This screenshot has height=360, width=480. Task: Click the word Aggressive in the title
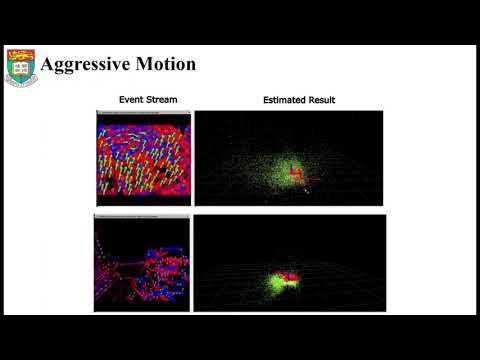tap(89, 64)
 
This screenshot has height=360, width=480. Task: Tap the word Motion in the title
tap(167, 64)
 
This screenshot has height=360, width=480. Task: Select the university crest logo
tap(20, 67)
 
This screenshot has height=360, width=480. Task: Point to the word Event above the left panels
tap(132, 100)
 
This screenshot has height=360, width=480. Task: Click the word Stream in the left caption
tap(162, 100)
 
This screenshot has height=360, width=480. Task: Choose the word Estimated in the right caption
tap(284, 100)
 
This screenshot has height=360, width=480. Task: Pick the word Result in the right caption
tap(321, 100)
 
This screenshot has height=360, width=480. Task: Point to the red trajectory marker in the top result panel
tap(297, 176)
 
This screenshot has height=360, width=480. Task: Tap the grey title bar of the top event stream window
tap(142, 113)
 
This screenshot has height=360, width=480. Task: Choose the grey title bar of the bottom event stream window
tap(142, 217)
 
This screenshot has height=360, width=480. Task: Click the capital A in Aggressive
tap(47, 64)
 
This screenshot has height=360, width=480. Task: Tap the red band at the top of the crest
tap(20, 54)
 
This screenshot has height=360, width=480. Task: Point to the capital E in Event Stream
tap(122, 100)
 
